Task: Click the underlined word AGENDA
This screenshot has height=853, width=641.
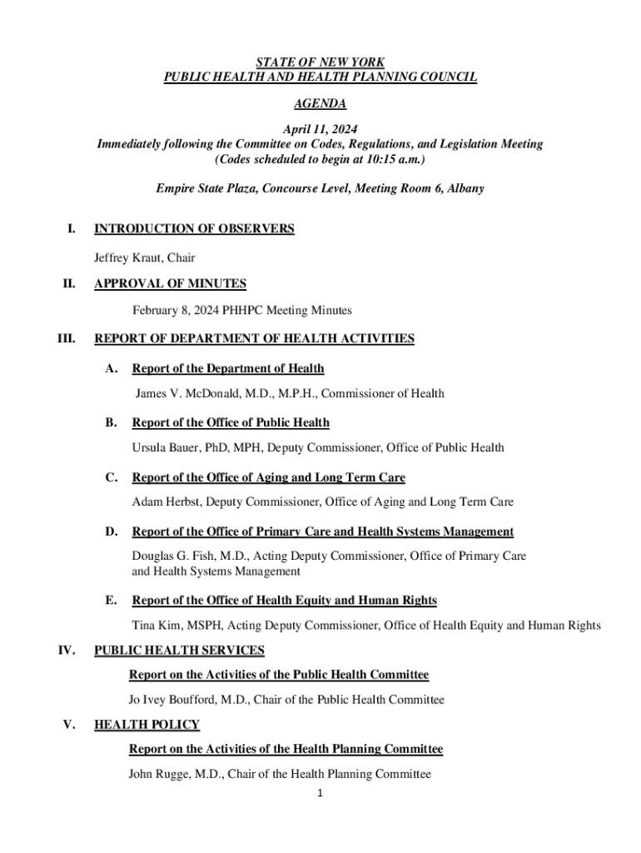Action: click(x=320, y=104)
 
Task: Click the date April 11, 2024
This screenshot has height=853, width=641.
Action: click(x=320, y=130)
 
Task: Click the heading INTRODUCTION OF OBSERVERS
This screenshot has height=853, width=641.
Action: click(x=194, y=229)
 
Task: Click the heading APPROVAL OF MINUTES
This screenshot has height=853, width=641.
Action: click(x=170, y=284)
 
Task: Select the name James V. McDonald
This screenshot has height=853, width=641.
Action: click(x=194, y=393)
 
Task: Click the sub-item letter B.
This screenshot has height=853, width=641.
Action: click(x=111, y=423)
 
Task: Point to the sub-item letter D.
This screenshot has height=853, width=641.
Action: click(x=111, y=531)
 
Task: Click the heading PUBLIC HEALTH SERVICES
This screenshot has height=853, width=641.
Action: click(x=179, y=650)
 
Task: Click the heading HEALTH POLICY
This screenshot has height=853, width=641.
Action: click(x=147, y=725)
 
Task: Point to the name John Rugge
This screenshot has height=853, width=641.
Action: click(x=160, y=775)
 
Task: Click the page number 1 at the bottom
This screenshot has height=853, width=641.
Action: click(x=320, y=794)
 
